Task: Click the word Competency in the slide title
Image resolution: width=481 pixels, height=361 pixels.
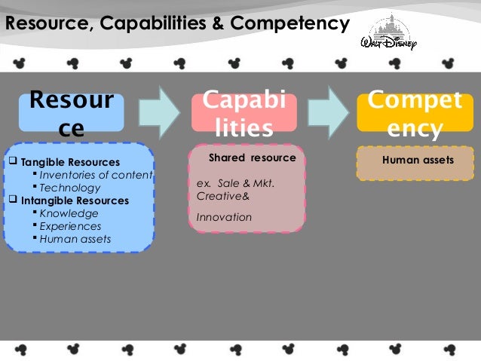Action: click(299, 25)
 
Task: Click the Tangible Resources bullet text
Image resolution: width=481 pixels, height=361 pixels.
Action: click(69, 162)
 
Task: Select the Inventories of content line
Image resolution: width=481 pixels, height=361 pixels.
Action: click(96, 175)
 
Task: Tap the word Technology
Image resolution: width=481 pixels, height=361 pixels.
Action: click(69, 188)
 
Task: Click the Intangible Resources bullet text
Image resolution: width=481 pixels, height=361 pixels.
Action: click(75, 200)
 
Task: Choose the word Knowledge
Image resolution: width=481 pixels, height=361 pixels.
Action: click(69, 213)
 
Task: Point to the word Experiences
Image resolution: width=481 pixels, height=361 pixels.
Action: click(70, 226)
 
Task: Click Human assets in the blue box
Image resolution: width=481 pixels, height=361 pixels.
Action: click(75, 239)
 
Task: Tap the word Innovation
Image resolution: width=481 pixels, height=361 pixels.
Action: click(224, 217)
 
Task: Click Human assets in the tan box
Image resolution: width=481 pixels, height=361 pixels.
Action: click(418, 160)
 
